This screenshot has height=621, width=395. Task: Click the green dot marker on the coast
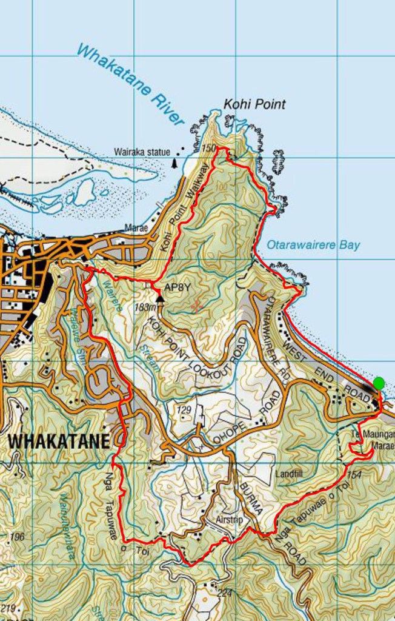379,383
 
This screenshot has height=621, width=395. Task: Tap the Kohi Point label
254,104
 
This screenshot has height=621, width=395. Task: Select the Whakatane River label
130,84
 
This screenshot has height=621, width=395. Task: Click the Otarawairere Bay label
313,245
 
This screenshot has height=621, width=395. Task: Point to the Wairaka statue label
142,152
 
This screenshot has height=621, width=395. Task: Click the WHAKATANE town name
59,440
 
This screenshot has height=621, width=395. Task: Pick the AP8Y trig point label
178,287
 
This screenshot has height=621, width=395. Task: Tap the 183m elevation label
145,307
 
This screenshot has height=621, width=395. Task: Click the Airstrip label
229,520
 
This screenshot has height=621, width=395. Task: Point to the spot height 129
184,411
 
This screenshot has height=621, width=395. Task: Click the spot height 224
225,592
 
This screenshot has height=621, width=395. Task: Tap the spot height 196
18,537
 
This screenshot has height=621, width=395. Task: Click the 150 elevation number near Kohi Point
209,148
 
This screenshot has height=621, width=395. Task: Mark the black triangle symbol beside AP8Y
160,298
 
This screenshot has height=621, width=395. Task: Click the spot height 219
8,608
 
